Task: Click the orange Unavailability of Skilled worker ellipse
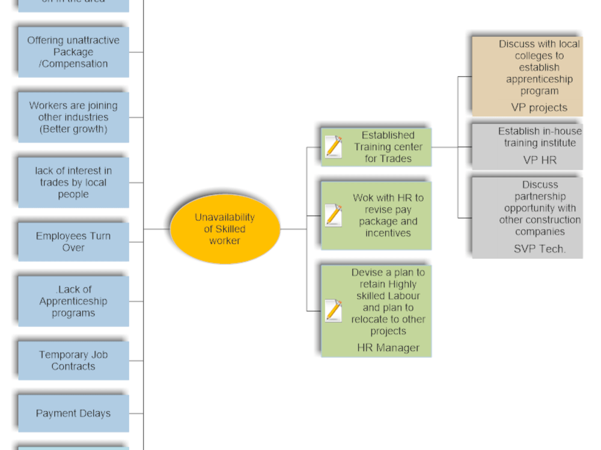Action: pos(225,229)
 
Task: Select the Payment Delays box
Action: pos(73,413)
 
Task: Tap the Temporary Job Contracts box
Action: pos(73,361)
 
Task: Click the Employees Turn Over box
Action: pos(73,242)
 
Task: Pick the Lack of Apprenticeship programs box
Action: pos(73,301)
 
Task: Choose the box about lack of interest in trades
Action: pos(73,182)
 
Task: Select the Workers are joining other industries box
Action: pos(73,117)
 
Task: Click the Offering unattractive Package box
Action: pos(73,52)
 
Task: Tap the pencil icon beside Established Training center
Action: pos(333,147)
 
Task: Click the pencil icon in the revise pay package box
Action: pos(333,215)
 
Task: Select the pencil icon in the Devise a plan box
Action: pos(333,310)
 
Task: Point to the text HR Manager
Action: pos(388,347)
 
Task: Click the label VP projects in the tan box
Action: pos(539,107)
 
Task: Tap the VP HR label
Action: pos(540,160)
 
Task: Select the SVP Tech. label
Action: pos(540,248)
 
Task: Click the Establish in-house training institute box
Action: pos(527,145)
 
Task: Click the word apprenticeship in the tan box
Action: pos(539,79)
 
